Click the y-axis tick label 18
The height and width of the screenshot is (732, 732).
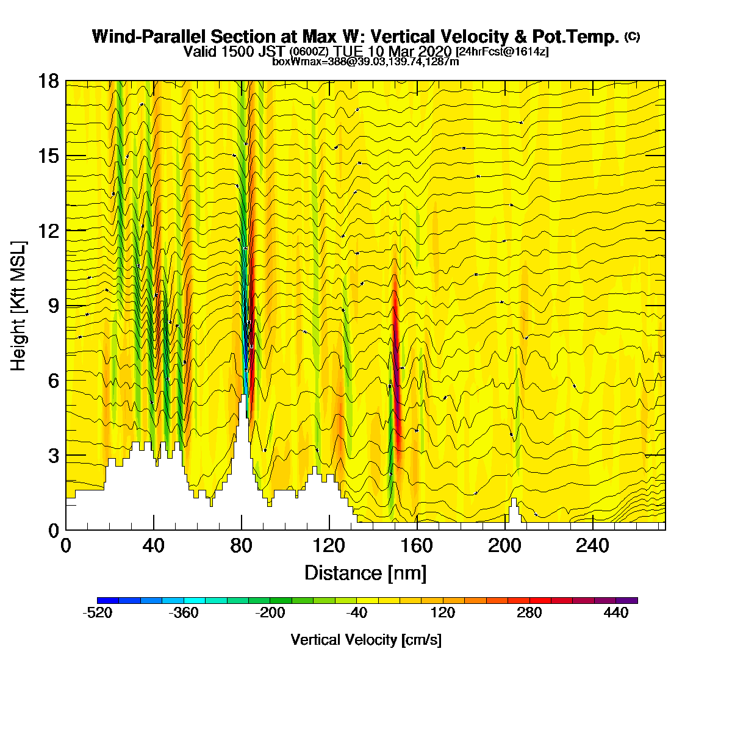[x=48, y=81]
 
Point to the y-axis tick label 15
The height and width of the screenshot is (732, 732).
[x=48, y=156]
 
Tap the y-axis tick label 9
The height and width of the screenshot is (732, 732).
[x=54, y=306]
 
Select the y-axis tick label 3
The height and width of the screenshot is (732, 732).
[x=54, y=456]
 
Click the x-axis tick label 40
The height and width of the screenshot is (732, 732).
[x=154, y=546]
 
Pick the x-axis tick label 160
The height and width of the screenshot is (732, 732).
[x=417, y=546]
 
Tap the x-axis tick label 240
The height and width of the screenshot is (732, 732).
[x=592, y=546]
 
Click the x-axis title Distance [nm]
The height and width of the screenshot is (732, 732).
[x=365, y=573]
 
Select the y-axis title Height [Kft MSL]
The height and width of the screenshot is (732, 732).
[x=18, y=306]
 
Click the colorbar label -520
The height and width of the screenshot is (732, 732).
[x=98, y=612]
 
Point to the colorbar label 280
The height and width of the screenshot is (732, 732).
[x=529, y=612]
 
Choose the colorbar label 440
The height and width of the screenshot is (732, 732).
[x=615, y=612]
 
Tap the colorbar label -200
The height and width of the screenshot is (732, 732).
[x=270, y=612]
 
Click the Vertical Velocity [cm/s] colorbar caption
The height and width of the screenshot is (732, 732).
[x=366, y=640]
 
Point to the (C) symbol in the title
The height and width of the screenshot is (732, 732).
[x=632, y=37]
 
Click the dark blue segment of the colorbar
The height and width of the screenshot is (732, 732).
[x=108, y=600]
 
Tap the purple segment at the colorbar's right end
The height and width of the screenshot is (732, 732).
[x=627, y=600]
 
